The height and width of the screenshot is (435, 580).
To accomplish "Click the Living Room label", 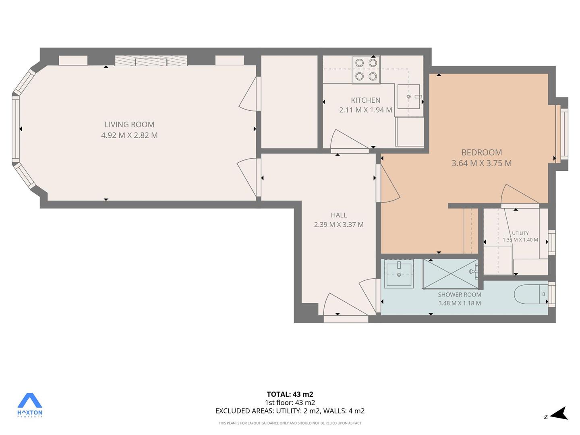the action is (129, 124).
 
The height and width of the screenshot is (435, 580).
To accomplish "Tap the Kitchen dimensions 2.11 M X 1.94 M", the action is (365, 110).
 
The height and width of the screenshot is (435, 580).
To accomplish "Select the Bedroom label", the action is (481, 152).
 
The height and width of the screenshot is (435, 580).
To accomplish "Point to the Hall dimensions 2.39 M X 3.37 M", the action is (339, 224).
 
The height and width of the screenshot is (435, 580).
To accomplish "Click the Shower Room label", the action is (460, 295).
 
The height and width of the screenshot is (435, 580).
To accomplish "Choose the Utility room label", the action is (520, 233).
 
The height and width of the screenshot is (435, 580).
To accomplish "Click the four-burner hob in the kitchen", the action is (366, 69).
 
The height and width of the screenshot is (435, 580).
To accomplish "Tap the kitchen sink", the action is (408, 97).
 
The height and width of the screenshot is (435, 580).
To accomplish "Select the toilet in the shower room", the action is (530, 294).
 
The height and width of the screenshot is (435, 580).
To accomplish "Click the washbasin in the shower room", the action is (399, 274).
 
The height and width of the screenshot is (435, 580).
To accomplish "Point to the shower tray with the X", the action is (450, 274).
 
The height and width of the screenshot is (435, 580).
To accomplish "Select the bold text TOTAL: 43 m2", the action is (290, 394).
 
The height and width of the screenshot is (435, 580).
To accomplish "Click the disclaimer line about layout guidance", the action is (290, 423).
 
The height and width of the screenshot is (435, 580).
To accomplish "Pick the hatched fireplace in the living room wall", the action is (151, 61).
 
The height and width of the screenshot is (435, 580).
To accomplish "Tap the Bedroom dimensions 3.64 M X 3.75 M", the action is (481, 163).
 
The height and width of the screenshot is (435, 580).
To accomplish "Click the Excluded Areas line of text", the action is (290, 411).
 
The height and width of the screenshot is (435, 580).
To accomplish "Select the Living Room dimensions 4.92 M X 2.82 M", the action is (129, 135).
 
